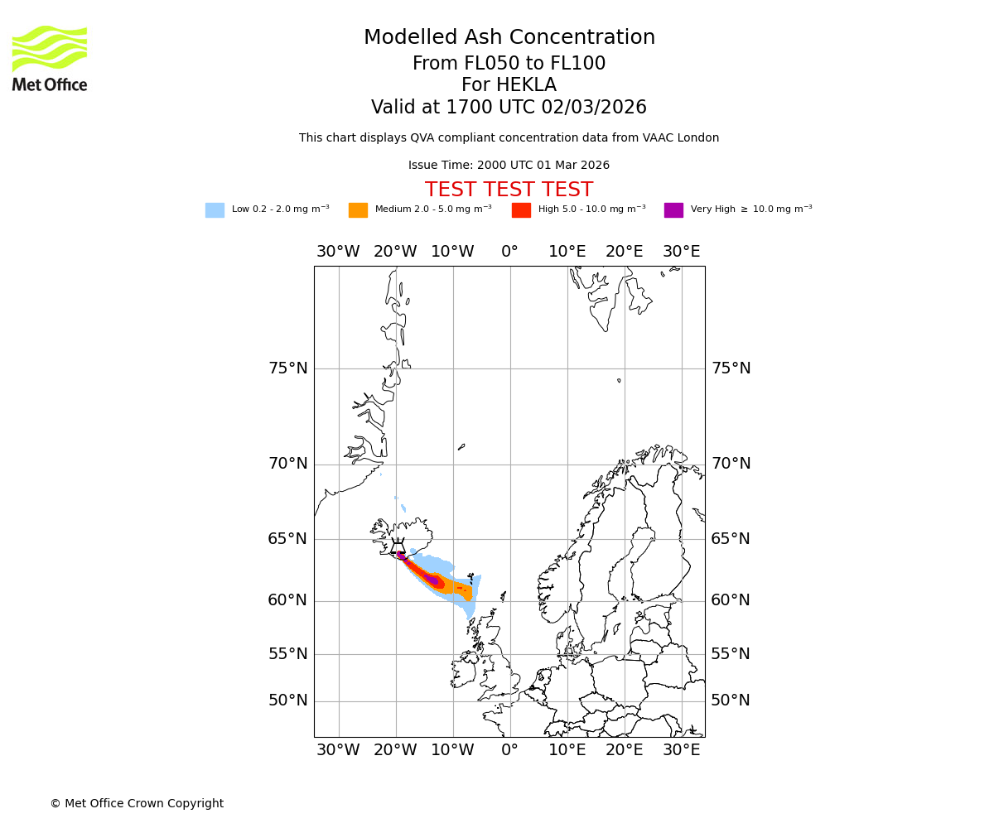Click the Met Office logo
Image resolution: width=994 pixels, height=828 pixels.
coord(50,58)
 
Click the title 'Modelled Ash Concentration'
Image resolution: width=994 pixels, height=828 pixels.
coord(509,38)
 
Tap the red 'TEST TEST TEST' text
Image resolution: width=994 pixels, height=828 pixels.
coord(509,190)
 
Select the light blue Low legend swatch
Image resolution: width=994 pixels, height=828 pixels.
coord(215,210)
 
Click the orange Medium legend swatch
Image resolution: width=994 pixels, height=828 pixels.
coord(358,210)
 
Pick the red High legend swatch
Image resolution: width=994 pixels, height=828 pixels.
coord(521,210)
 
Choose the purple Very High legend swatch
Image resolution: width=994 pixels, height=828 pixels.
coord(673,210)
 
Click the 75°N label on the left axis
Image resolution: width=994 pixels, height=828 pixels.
coord(287,368)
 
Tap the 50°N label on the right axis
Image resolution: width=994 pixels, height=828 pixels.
coord(731,700)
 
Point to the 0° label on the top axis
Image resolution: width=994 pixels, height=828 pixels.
coord(509,252)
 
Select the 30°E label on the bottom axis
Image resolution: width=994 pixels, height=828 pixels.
coord(681,750)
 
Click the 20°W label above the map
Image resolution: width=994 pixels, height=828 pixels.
coord(395,252)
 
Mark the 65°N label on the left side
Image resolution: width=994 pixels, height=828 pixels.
coord(287,539)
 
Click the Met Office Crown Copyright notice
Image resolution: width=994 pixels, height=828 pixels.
coord(137,803)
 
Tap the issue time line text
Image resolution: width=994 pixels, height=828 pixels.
coord(509,166)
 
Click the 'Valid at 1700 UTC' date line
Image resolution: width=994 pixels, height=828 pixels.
coord(509,108)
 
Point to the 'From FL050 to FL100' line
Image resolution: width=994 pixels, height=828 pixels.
coord(509,64)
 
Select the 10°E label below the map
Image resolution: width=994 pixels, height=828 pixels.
coord(567,750)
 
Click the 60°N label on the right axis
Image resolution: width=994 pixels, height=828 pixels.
coord(731,600)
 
